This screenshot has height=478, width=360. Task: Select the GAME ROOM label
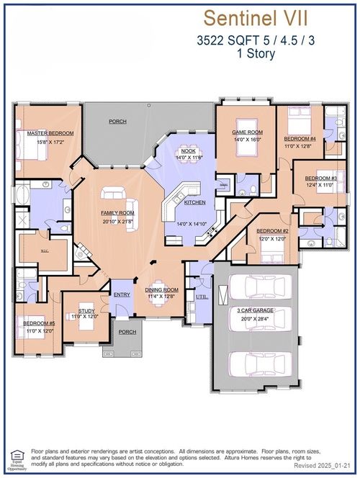pos(246,132)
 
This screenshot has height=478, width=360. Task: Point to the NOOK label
pos(189,150)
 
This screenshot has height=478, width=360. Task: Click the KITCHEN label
pos(194,202)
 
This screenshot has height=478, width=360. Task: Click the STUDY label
pos(86,311)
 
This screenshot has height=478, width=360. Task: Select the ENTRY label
pos(121,294)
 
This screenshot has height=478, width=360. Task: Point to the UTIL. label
pos(201,296)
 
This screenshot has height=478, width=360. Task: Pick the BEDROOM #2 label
pos(273,231)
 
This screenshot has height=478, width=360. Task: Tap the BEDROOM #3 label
pos(320,178)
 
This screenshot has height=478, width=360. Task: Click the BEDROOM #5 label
pos(38,323)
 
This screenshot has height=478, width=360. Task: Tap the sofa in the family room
pos(114,193)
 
